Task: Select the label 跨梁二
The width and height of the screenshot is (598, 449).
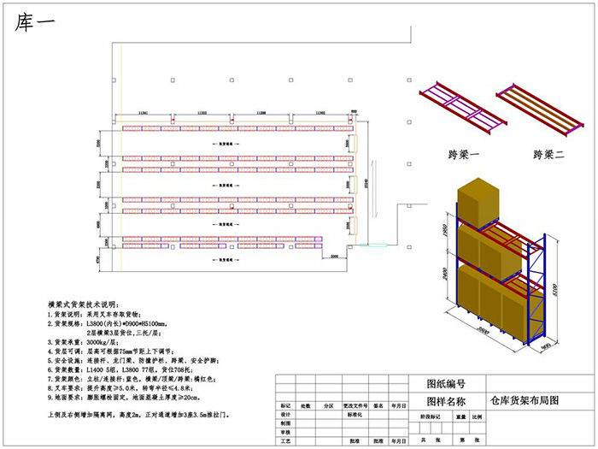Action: (x=551, y=155)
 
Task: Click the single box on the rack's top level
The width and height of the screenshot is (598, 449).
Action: (x=482, y=204)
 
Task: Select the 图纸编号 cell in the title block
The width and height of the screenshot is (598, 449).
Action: (x=445, y=383)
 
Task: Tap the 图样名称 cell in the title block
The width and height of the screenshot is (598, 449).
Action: (x=445, y=399)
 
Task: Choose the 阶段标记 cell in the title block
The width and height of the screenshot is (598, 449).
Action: (x=432, y=417)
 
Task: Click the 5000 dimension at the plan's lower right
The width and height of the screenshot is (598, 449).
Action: (x=335, y=255)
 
